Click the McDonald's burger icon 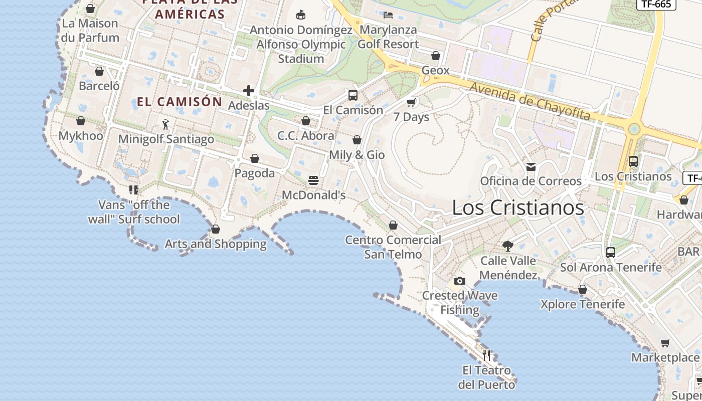pos(313,180)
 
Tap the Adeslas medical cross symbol pos(249,91)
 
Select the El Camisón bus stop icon pos(353,95)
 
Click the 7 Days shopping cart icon pos(411,102)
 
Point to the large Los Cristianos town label pos(518,208)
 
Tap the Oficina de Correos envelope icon pos(531,167)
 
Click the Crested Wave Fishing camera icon pos(459,281)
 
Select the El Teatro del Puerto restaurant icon pos(486,355)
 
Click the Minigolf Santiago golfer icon pos(166,124)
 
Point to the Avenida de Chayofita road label pos(530,101)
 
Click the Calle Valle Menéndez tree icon pos(508,246)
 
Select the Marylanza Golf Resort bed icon pos(388,15)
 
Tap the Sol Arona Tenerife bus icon pos(610,253)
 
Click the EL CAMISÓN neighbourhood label pos(180,102)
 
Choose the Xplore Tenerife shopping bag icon pos(582,289)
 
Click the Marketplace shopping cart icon pos(665,343)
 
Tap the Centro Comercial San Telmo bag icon pos(393,225)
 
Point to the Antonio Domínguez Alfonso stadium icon pos(301,15)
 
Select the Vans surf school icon pos(133,190)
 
